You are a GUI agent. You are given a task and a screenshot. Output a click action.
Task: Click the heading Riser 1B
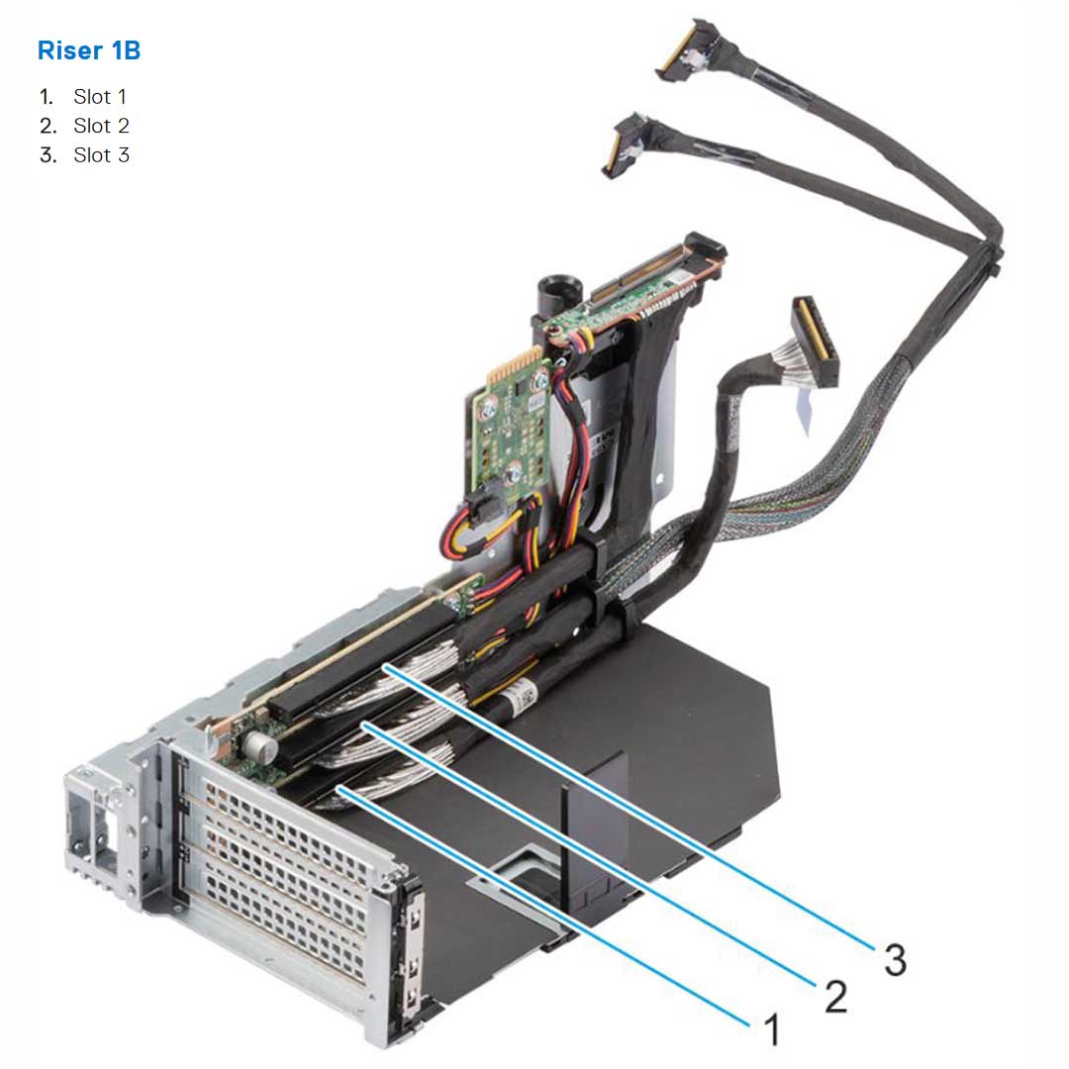tap(89, 50)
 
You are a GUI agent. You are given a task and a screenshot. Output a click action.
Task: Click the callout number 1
tap(771, 1030)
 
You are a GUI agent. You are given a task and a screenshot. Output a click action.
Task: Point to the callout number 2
tap(835, 997)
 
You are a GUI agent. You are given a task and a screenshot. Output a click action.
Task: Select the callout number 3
tap(894, 958)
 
